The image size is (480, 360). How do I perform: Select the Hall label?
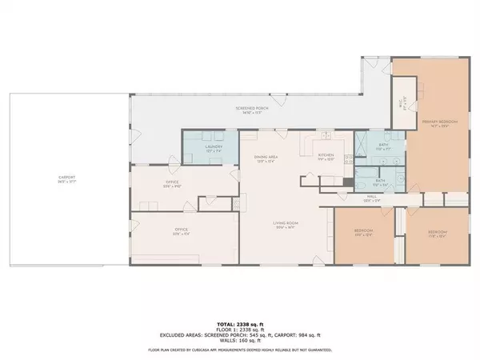(x=371, y=196)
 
